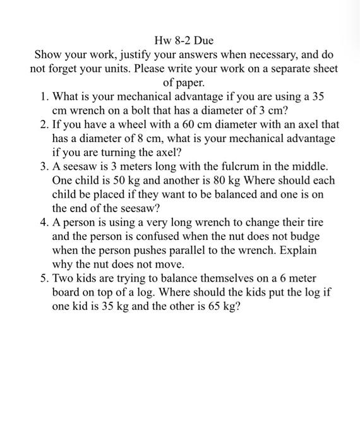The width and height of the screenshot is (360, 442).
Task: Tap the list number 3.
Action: (43, 166)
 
